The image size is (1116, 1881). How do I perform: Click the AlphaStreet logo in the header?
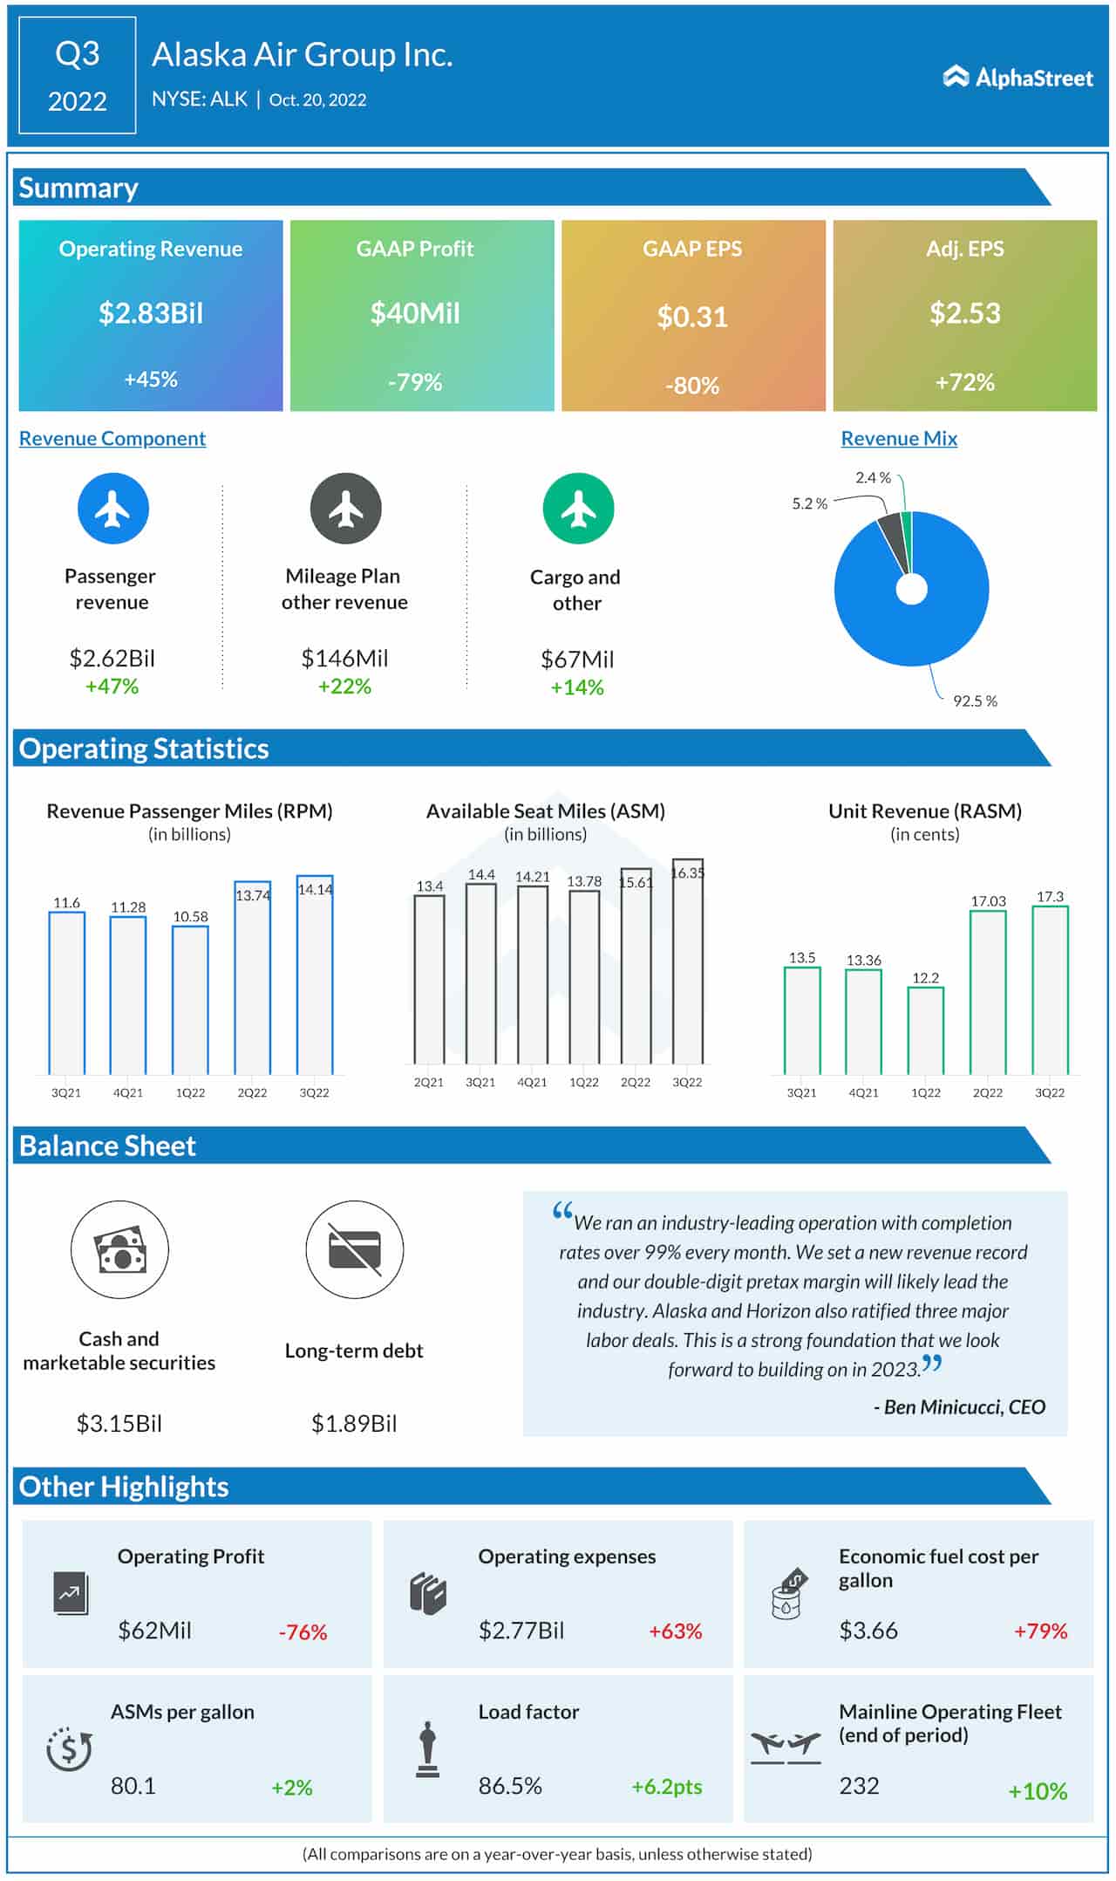pos(1017,78)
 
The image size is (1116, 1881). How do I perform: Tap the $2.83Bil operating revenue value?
pos(151,313)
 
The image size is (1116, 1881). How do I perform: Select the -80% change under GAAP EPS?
pos(692,386)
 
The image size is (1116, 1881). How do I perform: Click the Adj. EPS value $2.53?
pos(964,313)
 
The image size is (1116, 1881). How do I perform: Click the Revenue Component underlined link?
pos(112,439)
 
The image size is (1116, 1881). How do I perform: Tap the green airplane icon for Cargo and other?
pos(578,509)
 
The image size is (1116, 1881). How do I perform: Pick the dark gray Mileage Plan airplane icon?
pos(346,509)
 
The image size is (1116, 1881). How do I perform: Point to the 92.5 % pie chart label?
pos(975,701)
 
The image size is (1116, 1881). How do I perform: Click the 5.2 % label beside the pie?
pos(809,504)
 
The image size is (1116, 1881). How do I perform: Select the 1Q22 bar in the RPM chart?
pos(190,1000)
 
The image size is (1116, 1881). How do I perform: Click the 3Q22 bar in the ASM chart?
pos(687,961)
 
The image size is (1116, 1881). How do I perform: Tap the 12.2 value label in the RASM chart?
pos(925,978)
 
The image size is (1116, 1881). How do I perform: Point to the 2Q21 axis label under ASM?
pos(429,1083)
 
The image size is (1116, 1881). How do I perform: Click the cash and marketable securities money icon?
pos(119,1249)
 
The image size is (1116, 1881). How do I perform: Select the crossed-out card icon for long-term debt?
pos(354,1249)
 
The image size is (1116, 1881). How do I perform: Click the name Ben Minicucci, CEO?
pos(959,1406)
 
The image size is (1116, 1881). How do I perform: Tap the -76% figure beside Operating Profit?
pos(303,1632)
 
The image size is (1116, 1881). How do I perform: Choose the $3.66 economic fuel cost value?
pos(868,1631)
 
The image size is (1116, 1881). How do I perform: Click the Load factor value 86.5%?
pos(510,1786)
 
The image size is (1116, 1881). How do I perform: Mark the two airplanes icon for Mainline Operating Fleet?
pos(786,1746)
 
